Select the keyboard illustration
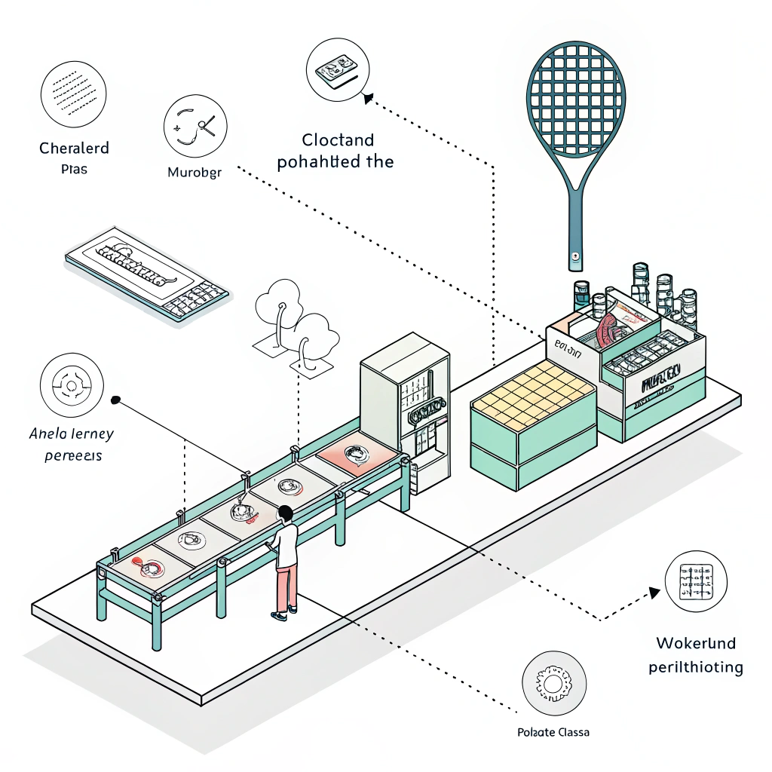(x=146, y=273)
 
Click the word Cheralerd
(x=74, y=148)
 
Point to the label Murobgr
(x=195, y=172)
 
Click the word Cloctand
(x=338, y=140)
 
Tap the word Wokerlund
(x=696, y=644)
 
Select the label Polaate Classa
(x=553, y=732)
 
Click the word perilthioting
(x=696, y=667)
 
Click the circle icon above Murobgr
(x=195, y=128)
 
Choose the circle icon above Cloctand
(x=336, y=69)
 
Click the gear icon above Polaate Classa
(x=553, y=684)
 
